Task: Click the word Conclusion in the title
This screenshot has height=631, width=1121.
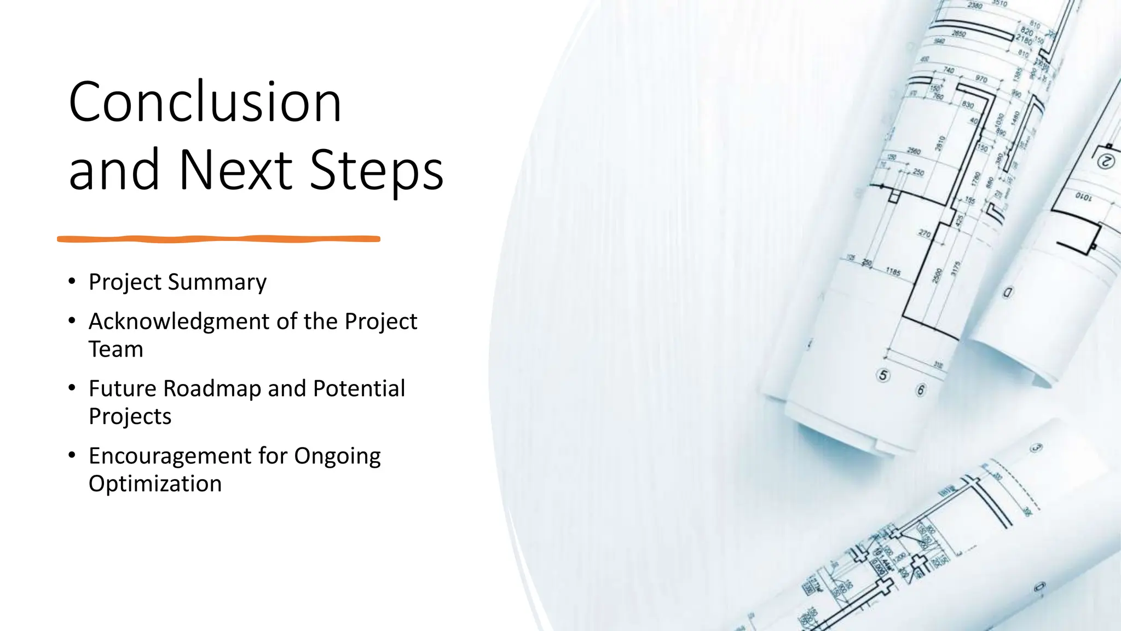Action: coord(205,102)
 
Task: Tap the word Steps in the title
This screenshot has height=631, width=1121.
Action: coord(377,170)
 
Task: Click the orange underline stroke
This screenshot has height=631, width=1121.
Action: coord(218,239)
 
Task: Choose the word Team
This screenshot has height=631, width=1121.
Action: coord(116,349)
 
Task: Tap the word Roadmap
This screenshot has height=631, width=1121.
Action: coord(212,389)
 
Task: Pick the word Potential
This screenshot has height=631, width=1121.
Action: coord(359,389)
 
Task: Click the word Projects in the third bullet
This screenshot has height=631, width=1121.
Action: coord(130,417)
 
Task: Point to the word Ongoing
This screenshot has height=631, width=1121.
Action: coord(337,456)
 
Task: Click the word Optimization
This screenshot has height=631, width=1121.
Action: coord(155,484)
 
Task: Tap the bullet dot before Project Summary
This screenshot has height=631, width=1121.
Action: coord(72,282)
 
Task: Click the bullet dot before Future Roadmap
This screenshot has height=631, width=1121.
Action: coord(72,388)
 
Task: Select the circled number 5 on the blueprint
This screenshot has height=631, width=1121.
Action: coord(883,375)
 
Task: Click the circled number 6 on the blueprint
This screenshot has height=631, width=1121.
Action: coord(921,390)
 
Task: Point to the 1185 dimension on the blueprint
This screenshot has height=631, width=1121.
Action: coord(893,272)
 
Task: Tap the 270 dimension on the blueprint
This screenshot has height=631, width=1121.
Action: coord(924,234)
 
